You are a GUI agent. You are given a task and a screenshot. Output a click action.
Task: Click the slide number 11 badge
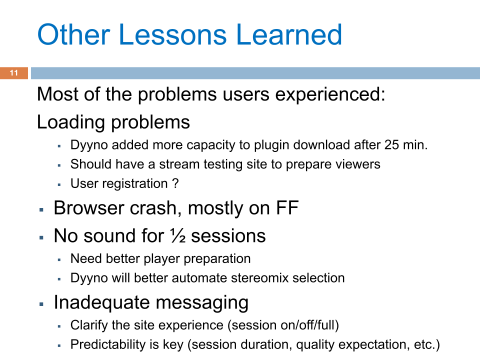click(13, 73)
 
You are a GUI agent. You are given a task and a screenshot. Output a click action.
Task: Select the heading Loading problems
click(113, 122)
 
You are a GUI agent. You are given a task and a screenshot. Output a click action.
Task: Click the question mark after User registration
click(175, 183)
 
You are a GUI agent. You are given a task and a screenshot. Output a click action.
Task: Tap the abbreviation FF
click(287, 208)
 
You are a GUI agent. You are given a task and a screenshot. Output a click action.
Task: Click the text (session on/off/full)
click(283, 325)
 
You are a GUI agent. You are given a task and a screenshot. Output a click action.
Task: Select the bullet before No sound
click(42, 236)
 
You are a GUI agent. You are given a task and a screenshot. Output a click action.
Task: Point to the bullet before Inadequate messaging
click(42, 303)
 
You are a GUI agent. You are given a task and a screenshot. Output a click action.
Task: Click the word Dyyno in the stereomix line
click(87, 278)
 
